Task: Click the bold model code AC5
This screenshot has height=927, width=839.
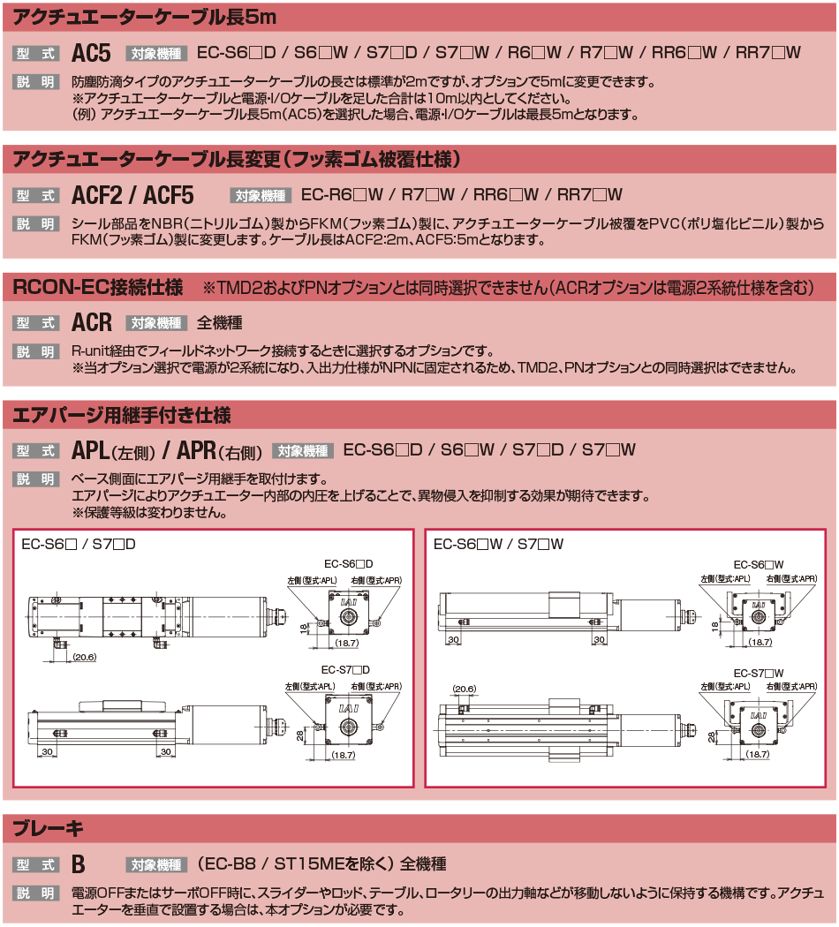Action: (91, 53)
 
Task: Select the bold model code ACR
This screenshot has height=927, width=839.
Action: (92, 323)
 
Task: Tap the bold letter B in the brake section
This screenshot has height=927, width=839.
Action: (78, 864)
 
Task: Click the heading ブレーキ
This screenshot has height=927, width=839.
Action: (48, 828)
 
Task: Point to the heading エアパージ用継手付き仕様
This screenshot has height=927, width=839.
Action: (122, 415)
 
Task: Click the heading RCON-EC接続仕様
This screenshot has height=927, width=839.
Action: (98, 287)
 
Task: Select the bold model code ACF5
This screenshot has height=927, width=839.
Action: (169, 195)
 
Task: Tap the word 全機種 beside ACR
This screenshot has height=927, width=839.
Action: (219, 323)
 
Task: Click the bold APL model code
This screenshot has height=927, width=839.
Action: (90, 450)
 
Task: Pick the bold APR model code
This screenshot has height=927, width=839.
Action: (196, 450)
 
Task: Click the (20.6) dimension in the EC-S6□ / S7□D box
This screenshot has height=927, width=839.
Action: (85, 657)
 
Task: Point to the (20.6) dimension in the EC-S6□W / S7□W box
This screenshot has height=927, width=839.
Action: (465, 689)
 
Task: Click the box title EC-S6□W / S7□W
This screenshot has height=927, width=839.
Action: (498, 544)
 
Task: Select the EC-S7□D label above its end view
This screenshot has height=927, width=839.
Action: (345, 670)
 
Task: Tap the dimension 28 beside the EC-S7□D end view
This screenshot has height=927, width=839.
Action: (300, 735)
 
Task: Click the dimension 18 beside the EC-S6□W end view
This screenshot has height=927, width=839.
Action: (714, 625)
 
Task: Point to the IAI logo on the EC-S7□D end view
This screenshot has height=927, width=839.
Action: (348, 708)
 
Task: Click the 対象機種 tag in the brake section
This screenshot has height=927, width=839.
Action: (156, 865)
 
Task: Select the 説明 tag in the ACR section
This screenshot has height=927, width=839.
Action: (35, 351)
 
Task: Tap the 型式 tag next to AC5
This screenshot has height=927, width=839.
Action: (35, 54)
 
